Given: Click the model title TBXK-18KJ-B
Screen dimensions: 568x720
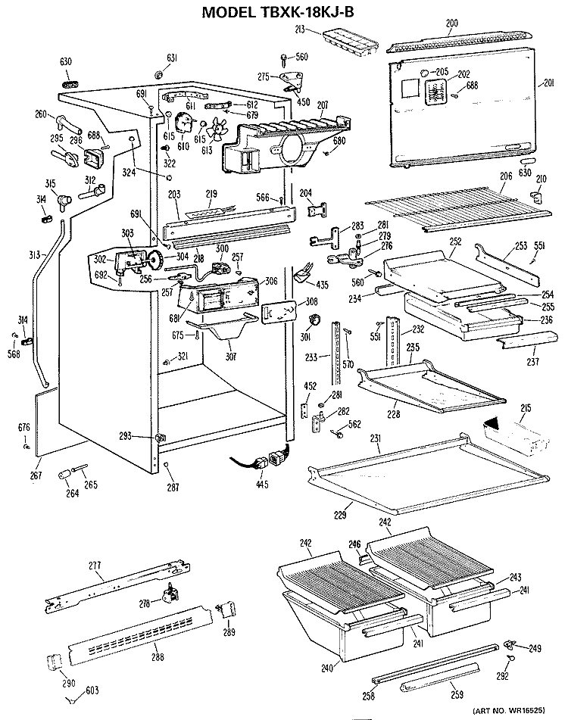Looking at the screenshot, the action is click(278, 11).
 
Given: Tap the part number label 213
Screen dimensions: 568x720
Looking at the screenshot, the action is click(300, 30).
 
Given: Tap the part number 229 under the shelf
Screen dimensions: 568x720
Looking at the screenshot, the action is click(340, 515).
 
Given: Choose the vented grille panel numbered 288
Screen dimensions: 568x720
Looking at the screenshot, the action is click(140, 634).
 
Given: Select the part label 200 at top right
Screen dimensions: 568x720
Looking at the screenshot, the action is click(452, 23).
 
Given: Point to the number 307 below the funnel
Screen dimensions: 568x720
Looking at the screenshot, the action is click(231, 356).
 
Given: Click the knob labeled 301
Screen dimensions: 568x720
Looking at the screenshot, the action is click(314, 319).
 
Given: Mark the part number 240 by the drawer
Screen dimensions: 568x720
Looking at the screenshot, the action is click(327, 668).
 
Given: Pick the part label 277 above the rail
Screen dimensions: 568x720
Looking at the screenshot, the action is click(95, 566).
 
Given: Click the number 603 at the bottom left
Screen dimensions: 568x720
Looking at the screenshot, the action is click(92, 690).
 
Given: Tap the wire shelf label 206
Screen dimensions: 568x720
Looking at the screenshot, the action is click(506, 176).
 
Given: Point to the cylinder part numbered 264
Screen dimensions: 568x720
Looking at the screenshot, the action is click(64, 475).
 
